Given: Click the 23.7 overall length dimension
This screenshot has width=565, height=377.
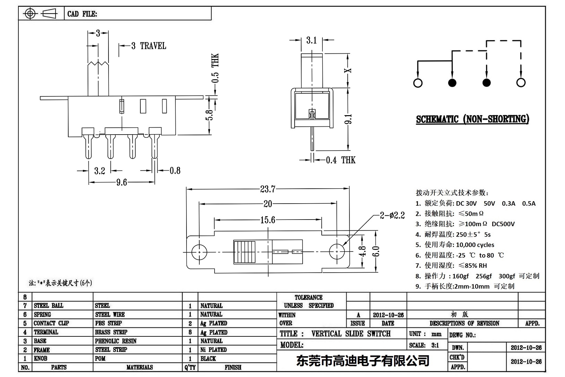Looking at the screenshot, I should click(x=268, y=189).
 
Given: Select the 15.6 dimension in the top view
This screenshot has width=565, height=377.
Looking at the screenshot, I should click(x=268, y=220).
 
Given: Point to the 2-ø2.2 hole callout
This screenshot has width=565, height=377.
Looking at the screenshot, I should click(x=392, y=215).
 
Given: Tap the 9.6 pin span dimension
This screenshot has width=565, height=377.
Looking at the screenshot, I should click(x=122, y=182).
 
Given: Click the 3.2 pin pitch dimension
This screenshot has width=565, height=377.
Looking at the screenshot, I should click(x=99, y=171).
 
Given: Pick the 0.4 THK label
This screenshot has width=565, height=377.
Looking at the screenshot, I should click(x=340, y=160).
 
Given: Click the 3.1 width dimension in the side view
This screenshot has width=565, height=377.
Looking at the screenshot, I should click(x=312, y=41).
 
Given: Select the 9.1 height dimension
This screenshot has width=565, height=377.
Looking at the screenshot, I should click(x=349, y=119).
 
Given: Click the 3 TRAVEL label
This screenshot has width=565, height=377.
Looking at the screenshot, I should click(x=148, y=46).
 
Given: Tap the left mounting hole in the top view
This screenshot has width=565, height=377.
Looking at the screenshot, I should click(x=199, y=251).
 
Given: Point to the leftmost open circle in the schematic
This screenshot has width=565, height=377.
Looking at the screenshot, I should click(x=418, y=83).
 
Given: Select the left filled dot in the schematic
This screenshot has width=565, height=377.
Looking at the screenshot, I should click(x=452, y=83).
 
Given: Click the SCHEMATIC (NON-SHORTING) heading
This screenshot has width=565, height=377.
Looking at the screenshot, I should click(x=472, y=119).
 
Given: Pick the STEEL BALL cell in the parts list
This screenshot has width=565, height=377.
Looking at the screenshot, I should click(x=49, y=306).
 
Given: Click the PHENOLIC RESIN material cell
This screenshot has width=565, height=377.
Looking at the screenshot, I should click(x=116, y=341).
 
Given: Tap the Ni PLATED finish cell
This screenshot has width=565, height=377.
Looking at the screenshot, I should click(x=214, y=350).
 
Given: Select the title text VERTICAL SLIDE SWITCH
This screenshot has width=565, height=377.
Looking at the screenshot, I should click(x=351, y=334).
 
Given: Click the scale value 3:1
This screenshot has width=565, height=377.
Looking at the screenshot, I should click(x=435, y=345).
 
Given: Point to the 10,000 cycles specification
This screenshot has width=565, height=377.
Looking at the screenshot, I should click(x=475, y=245).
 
